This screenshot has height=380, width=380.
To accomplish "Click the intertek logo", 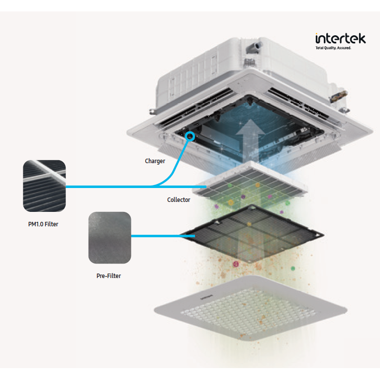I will (340, 38).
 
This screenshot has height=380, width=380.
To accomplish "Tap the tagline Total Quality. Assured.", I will (333, 48).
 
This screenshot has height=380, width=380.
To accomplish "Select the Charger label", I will (155, 161).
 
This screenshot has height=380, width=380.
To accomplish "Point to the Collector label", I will (179, 200).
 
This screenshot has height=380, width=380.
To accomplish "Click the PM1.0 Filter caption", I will (43, 224).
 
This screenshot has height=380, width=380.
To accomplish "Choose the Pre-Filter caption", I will (108, 276).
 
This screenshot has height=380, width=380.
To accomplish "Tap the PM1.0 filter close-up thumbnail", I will (44, 186).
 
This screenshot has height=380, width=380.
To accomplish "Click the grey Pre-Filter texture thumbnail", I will (109, 237).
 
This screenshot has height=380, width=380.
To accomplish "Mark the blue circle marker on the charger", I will (189, 136).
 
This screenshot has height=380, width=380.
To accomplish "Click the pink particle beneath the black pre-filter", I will (236, 263).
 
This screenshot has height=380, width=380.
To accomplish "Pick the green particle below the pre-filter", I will (293, 269).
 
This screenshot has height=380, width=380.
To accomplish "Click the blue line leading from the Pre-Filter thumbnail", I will (159, 236).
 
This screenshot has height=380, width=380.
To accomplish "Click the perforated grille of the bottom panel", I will (249, 316).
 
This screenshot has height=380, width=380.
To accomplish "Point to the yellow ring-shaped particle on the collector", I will (258, 185).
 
